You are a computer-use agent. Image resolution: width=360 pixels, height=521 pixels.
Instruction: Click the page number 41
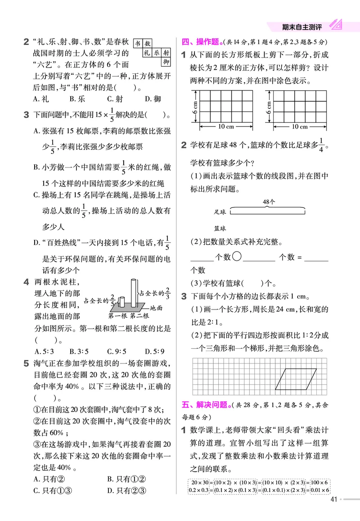coord(333,499)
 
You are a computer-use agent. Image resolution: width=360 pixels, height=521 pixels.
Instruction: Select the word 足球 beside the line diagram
coord(220,211)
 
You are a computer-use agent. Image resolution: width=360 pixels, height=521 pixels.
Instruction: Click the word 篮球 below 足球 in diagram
coord(220,229)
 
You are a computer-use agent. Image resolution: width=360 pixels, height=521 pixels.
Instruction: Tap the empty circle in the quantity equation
coord(238,257)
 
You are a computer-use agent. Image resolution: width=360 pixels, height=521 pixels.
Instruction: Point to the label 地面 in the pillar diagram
coord(156,308)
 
